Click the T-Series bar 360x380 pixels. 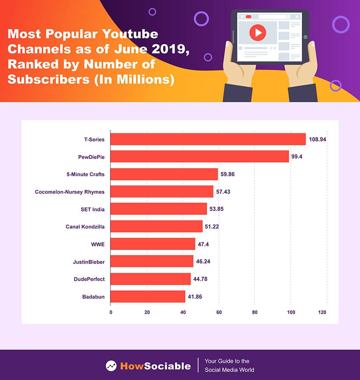pyautogui.click(x=208, y=139)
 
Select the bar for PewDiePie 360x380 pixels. pyautogui.click(x=200, y=157)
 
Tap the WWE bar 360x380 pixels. pyautogui.click(x=153, y=244)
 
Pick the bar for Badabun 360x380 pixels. pyautogui.click(x=148, y=296)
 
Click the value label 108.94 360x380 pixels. pyautogui.click(x=317, y=139)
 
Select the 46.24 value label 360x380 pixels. pyautogui.click(x=203, y=262)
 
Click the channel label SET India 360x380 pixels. pyautogui.click(x=92, y=209)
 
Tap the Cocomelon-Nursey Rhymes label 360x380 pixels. pyautogui.click(x=70, y=192)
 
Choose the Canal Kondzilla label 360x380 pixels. pyautogui.click(x=85, y=227)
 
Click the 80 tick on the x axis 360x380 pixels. pyautogui.click(x=255, y=312)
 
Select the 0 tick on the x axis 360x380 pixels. pyautogui.click(x=111, y=312)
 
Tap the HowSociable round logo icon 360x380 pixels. pyautogui.click(x=111, y=365)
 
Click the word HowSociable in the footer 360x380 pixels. pyautogui.click(x=155, y=366)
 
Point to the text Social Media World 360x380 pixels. pyautogui.click(x=230, y=370)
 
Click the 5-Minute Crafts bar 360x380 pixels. pyautogui.click(x=164, y=174)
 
